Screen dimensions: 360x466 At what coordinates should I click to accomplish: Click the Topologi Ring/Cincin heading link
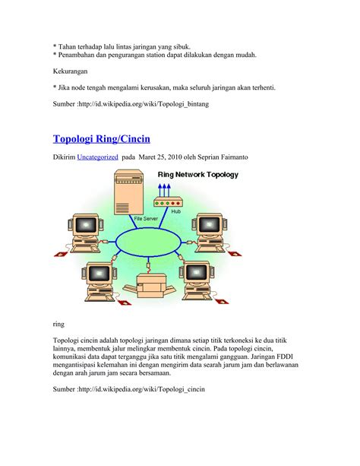[x=101, y=139]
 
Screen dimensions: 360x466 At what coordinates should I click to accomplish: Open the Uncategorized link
[x=97, y=157]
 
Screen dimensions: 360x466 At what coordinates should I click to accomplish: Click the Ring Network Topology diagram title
[x=197, y=174]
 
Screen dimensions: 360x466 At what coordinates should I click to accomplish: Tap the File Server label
[x=146, y=218]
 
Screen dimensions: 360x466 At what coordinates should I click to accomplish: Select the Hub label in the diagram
[x=176, y=211]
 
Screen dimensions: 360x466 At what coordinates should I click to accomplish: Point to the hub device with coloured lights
[x=168, y=202]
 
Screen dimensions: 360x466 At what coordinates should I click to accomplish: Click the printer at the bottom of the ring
[x=151, y=285]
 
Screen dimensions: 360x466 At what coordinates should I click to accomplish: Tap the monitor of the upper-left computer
[x=86, y=225]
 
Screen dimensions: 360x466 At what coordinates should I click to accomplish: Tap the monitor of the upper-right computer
[x=210, y=224]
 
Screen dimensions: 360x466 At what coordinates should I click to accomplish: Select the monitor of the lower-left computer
[x=99, y=273]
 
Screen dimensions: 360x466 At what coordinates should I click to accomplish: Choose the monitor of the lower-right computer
[x=197, y=272]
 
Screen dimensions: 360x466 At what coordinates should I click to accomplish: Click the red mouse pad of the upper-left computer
[x=62, y=254]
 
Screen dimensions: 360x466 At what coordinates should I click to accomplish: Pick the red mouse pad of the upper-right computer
[x=234, y=253]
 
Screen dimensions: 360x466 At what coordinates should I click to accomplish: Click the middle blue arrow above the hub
[x=164, y=191]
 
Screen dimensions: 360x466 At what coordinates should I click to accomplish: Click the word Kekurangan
[x=70, y=71]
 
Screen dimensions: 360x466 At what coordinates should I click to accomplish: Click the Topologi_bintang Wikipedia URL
[x=144, y=104]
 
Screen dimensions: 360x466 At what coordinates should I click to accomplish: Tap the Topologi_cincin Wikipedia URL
[x=141, y=389]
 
